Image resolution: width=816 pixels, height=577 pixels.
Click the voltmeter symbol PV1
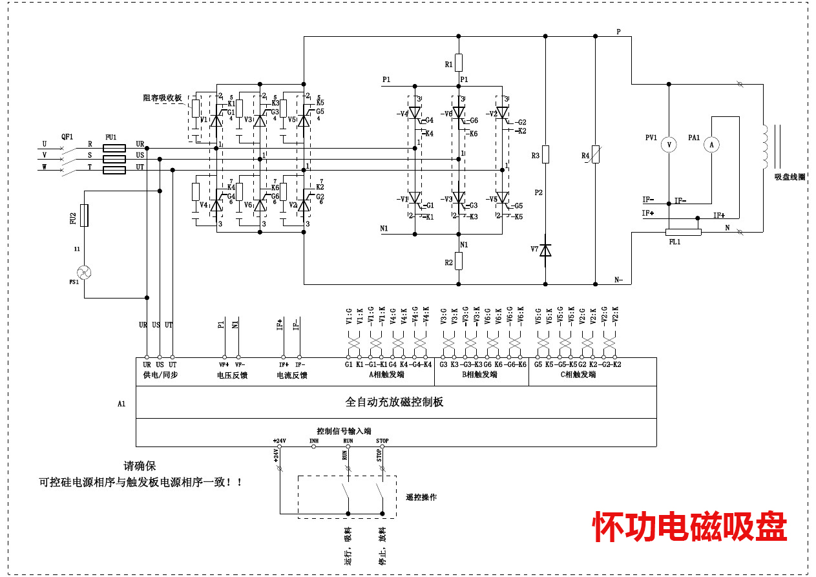point(669,145)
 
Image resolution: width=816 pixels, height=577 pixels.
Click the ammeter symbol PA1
point(711,145)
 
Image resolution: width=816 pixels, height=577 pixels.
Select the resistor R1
point(459,63)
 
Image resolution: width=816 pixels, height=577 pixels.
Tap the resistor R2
point(459,261)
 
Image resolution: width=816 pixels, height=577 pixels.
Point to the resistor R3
point(545,154)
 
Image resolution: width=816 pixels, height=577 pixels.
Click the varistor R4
point(595,154)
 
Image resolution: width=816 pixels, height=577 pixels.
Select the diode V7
point(545,249)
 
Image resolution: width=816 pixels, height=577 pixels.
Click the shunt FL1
point(683,232)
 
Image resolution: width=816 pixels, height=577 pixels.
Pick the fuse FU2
point(84,216)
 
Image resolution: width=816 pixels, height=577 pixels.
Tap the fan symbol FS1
point(84,272)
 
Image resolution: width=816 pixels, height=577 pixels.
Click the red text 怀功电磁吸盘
point(690,527)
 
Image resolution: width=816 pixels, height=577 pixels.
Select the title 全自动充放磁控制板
point(394,402)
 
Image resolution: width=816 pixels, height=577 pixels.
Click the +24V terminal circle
point(280,446)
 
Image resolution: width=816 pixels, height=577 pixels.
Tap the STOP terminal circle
point(382,446)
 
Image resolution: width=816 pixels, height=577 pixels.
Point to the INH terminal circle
point(314,446)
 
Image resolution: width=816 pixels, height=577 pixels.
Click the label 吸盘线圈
point(790,177)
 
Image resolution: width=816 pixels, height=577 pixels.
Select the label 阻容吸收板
point(162,98)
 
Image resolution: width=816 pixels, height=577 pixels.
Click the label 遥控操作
point(421,497)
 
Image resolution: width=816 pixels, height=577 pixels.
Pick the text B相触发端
point(479,375)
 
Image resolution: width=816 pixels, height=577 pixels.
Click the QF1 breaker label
point(67,137)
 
